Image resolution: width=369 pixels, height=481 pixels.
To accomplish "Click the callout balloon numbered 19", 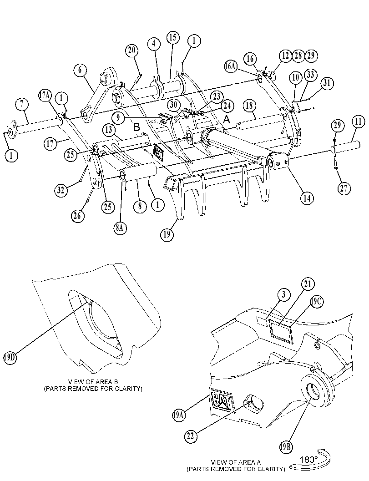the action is (167, 235).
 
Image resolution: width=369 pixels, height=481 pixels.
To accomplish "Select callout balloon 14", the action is (307, 198).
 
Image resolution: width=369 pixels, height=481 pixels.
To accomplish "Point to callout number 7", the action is (22, 104).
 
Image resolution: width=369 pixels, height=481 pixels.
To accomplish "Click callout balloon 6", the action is (80, 70).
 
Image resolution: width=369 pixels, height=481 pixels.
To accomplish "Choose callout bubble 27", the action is (344, 188).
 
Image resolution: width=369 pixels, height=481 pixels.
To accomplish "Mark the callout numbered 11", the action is (358, 122).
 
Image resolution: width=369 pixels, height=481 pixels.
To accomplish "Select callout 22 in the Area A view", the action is (191, 436).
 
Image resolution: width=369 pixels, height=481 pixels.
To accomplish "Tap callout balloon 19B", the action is (286, 447).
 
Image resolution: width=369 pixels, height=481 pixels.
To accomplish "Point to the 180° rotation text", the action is (309, 460).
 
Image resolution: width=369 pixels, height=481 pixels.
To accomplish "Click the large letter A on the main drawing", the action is (227, 120).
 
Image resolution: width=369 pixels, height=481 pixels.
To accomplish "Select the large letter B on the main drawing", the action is (137, 127).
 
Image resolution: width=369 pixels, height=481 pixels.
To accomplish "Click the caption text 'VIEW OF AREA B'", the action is (93, 382).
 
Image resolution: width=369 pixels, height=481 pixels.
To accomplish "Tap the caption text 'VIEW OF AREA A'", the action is (236, 462).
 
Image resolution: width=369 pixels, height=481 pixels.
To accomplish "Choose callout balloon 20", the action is (131, 50).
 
